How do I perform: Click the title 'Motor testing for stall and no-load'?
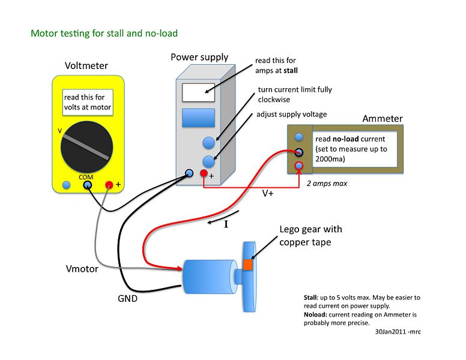tap(104, 33)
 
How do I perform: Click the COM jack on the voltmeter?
tap(88, 185)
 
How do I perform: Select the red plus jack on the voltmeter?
tap(109, 185)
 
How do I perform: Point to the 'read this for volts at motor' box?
tap(88, 103)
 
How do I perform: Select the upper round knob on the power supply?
tap(208, 142)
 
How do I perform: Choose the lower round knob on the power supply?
tap(208, 161)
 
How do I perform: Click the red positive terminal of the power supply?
tap(204, 174)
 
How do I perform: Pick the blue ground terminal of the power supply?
tap(189, 173)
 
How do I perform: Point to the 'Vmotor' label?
tap(82, 269)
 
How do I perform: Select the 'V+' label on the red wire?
tap(270, 194)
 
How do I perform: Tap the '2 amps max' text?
tap(327, 184)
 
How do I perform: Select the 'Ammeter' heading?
tap(383, 119)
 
